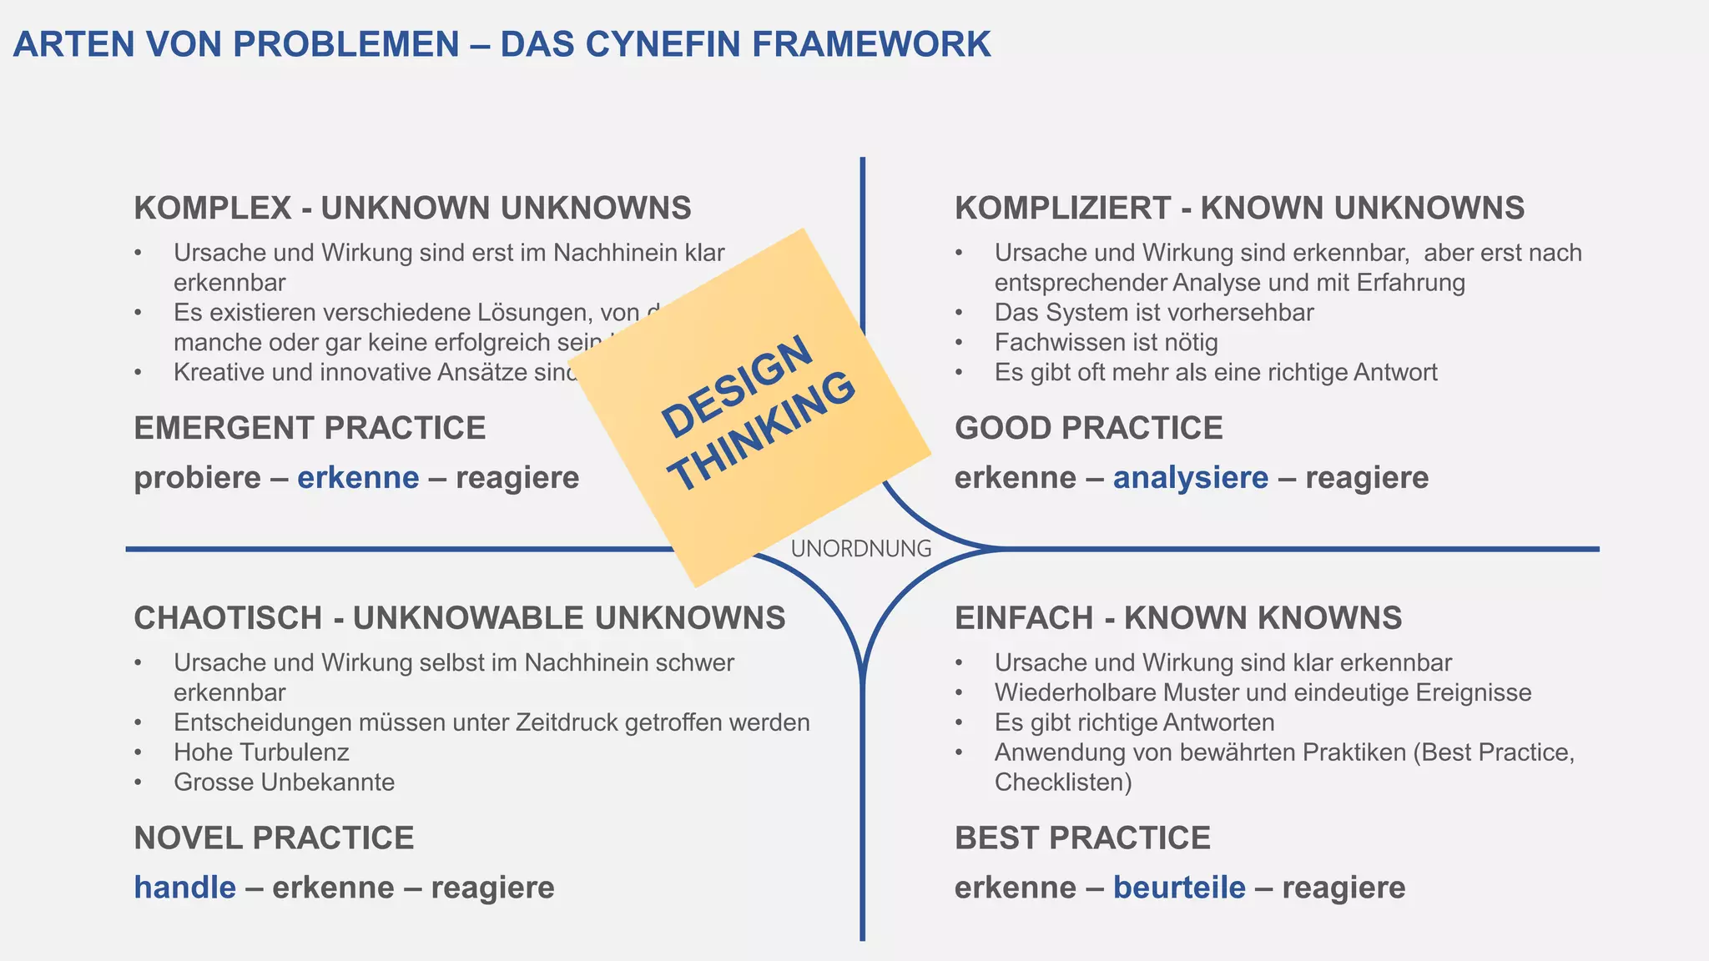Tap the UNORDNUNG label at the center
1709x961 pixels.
[x=861, y=549]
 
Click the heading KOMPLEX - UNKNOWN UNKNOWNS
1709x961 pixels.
[x=412, y=208]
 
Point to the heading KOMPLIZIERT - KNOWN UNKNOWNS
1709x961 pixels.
[x=1239, y=208]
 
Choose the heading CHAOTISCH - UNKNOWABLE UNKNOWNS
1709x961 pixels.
[x=460, y=618]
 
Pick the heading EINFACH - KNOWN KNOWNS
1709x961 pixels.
[x=1178, y=618]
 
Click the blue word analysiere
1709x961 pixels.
[x=1190, y=478]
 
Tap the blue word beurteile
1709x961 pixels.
[x=1179, y=888]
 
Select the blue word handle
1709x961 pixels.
[x=185, y=888]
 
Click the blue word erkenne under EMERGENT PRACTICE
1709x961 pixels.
[x=358, y=478]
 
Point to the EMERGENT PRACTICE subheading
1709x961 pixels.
[x=310, y=428]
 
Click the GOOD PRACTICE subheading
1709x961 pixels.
[x=1088, y=428]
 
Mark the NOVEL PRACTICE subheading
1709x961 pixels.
[x=274, y=838]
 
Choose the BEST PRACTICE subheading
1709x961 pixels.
[x=1082, y=838]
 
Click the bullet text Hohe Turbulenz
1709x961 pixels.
[x=261, y=752]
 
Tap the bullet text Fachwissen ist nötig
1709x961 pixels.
[x=1106, y=343]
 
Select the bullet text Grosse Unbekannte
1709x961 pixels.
[x=284, y=782]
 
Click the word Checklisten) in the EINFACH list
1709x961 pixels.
[x=1063, y=782]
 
